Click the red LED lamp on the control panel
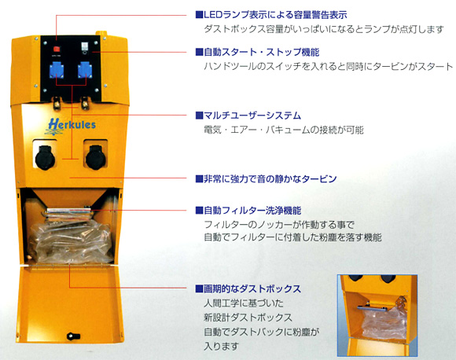57,49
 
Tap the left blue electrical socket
57,70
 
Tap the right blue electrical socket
85,70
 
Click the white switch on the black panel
84,46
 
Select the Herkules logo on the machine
72,126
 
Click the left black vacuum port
45,158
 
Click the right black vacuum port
95,157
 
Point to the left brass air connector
57,103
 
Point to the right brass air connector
85,103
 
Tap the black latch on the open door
73,336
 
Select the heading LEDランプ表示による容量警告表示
271,14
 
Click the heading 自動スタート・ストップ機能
257,52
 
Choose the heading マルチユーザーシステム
248,116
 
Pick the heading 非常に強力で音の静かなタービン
266,178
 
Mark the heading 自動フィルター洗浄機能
248,210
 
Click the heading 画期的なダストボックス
248,288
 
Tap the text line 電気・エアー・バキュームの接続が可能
284,130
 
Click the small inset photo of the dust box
377,315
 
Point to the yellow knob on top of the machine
101,34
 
